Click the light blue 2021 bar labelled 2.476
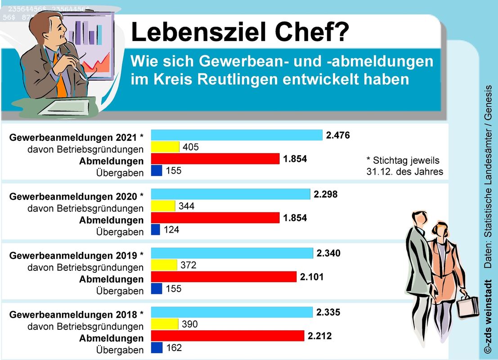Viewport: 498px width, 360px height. pos(237,135)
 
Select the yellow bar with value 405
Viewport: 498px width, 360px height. pos(165,147)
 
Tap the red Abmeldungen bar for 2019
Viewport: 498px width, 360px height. pos(224,277)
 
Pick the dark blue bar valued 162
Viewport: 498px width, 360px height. pos(156,348)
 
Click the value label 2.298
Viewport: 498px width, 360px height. pos(325,194)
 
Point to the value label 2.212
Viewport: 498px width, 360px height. pos(320,336)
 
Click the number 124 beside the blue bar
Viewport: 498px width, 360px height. pos(171,230)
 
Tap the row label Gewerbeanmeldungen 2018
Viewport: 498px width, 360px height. pos(76,314)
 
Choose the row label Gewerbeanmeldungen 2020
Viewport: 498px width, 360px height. pos(76,197)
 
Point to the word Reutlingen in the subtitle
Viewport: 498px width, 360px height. pos(238,80)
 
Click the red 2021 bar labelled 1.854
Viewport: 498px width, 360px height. pos(215,159)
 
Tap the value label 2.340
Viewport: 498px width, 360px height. pos(328,253)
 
